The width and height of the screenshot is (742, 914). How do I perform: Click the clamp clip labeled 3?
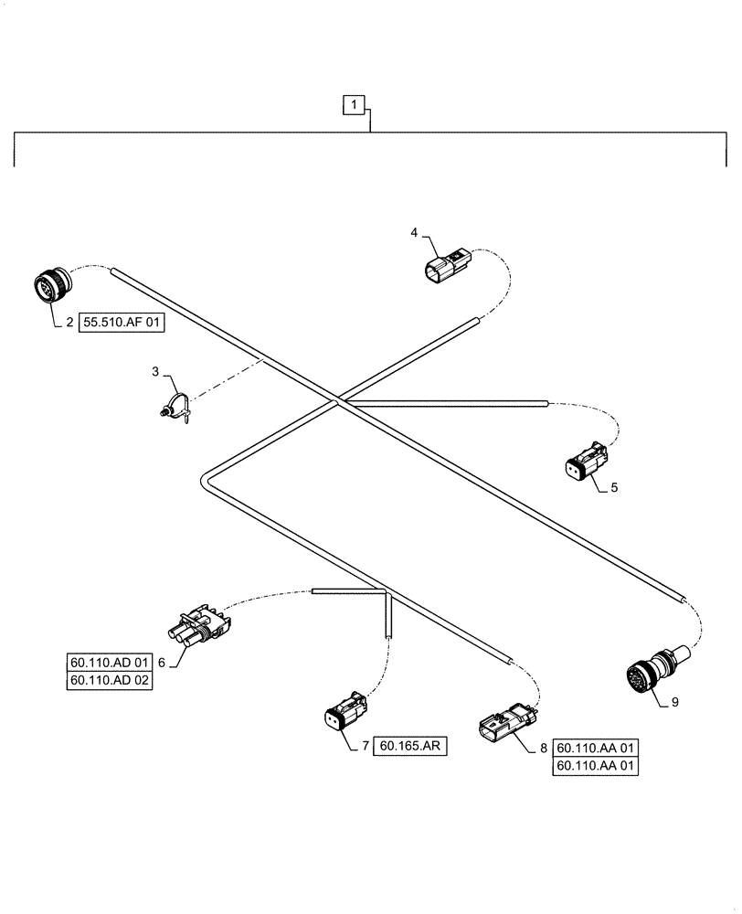click(x=177, y=407)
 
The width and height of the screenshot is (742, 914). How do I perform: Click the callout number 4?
click(x=414, y=234)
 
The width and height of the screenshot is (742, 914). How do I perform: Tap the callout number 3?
click(x=155, y=372)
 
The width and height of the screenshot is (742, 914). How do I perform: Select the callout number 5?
click(x=614, y=487)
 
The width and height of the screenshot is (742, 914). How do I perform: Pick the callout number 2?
click(x=69, y=322)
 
